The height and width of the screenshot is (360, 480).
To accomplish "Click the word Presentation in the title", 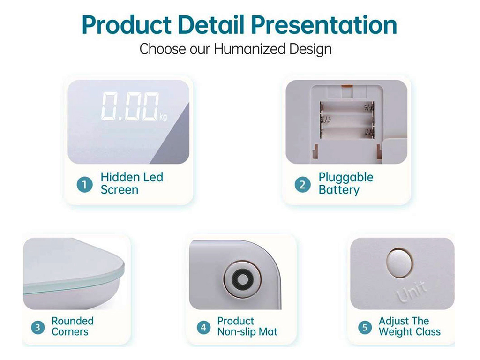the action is point(324,25).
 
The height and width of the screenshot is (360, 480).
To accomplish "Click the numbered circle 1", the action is point(84,185).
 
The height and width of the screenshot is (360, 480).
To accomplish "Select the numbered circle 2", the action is point(302,185).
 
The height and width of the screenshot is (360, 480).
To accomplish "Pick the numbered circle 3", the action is point(37,328).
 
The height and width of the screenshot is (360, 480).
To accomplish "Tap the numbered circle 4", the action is point(203,328).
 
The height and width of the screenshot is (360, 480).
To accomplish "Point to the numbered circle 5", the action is point(365,328).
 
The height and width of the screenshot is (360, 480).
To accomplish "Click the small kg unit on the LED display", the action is point(163,117).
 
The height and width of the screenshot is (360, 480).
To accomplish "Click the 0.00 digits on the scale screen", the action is point(130,106).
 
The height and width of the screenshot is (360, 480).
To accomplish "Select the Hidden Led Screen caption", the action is point(132,183).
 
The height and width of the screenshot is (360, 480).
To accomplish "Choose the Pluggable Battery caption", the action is point(346,183).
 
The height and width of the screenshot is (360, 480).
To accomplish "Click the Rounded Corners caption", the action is point(73,326).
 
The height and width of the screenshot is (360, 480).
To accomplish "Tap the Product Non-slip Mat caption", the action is point(247,326).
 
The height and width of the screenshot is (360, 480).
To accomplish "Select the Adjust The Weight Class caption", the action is point(410,326).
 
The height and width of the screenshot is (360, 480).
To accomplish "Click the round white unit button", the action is point(399,262).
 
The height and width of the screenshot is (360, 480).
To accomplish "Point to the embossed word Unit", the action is point(412,291).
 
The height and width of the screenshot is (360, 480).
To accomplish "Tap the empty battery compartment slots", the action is point(347,120).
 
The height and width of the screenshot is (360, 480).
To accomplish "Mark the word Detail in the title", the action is point(211,25).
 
